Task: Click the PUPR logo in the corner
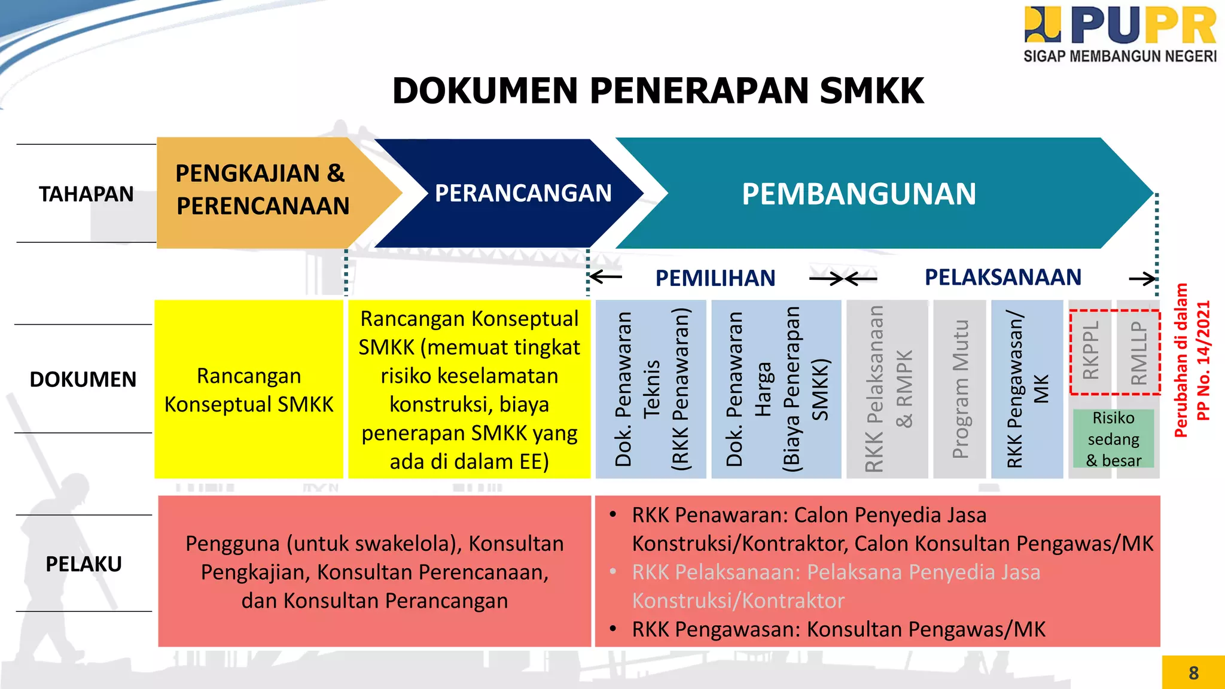(x=1120, y=33)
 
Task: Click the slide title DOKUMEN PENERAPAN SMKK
(x=658, y=91)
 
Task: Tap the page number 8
(x=1193, y=673)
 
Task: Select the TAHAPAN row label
(x=86, y=194)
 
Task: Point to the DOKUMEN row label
(x=83, y=379)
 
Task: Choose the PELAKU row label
(x=84, y=563)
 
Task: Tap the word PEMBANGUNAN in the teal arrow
(x=859, y=194)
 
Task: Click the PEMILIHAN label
(x=715, y=278)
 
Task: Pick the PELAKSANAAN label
(x=1003, y=277)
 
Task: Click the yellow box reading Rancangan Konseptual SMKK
(x=249, y=389)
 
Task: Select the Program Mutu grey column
(x=960, y=389)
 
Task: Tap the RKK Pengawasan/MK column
(x=1027, y=389)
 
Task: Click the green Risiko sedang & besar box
(x=1113, y=439)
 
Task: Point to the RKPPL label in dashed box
(x=1091, y=351)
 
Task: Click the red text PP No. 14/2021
(x=1203, y=361)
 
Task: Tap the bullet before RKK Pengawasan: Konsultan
(x=613, y=629)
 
